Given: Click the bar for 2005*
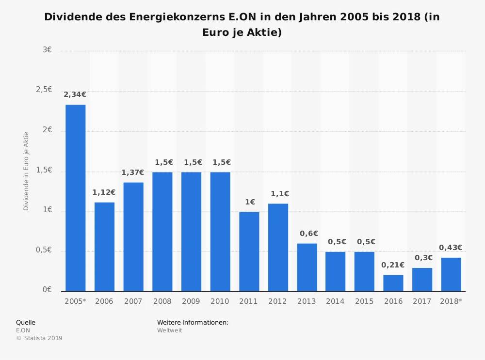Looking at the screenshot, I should click(x=75, y=198).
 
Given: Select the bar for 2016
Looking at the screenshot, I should click(x=393, y=283).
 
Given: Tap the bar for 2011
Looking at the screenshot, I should click(x=249, y=251).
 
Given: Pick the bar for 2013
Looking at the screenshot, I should click(x=307, y=267).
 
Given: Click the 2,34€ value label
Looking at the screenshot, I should click(x=75, y=95).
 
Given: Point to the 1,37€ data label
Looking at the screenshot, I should click(x=133, y=172).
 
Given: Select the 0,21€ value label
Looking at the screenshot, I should click(x=393, y=265).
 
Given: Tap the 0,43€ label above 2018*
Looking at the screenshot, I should click(x=451, y=248).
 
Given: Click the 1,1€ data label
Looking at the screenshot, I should click(x=278, y=194).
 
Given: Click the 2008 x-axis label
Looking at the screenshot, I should click(x=162, y=301).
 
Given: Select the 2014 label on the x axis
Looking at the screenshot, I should click(x=335, y=301).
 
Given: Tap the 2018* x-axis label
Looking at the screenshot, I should click(x=451, y=301).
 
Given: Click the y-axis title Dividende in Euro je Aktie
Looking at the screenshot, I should click(x=26, y=171).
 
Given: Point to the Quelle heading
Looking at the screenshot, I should click(x=26, y=322).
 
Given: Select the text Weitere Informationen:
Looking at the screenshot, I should click(x=193, y=322).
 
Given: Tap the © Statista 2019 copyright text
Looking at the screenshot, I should click(x=39, y=338).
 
